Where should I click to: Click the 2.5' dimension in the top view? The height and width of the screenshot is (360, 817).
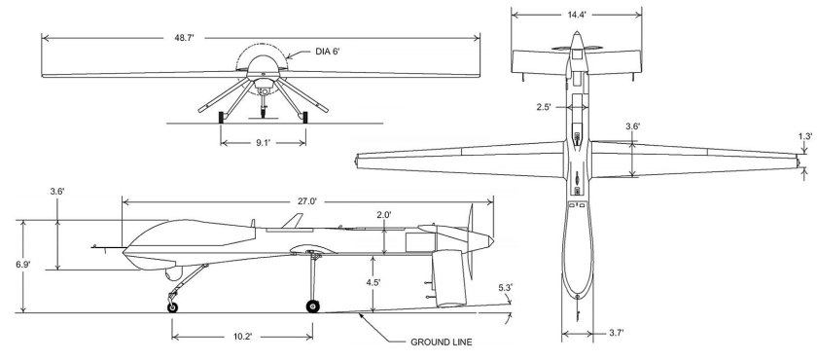pyautogui.click(x=544, y=107)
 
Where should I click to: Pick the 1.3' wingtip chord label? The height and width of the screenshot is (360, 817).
pyautogui.click(x=804, y=138)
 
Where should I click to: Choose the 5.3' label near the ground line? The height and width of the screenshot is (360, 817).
pyautogui.click(x=504, y=288)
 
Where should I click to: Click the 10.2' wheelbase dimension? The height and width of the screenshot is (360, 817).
pyautogui.click(x=242, y=337)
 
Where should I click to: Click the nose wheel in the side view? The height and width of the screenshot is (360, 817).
pyautogui.click(x=173, y=307)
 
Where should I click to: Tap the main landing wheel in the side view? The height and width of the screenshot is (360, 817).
pyautogui.click(x=312, y=306)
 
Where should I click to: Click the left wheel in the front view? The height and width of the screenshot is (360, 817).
pyautogui.click(x=223, y=118)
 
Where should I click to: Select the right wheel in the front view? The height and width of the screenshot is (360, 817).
pyautogui.click(x=304, y=118)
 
